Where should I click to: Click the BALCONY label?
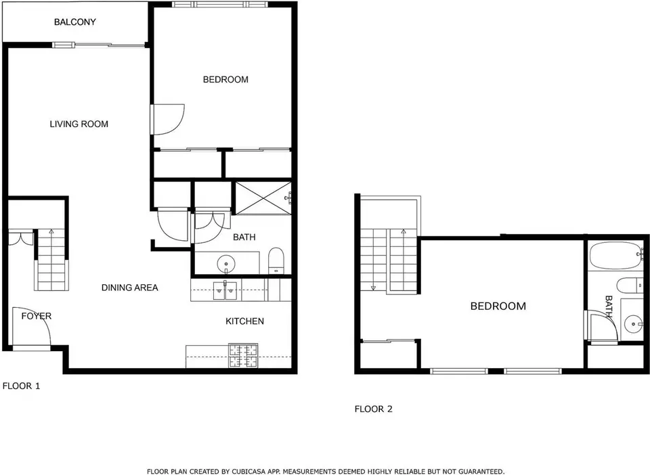75,22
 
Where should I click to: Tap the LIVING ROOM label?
79,124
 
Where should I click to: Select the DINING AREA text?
130,288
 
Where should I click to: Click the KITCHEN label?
244,321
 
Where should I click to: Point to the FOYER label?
37,316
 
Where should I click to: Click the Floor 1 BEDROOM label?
225,80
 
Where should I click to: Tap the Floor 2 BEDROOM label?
498,306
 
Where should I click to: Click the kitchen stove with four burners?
243,356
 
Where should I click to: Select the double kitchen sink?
225,290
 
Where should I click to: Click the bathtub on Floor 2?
615,256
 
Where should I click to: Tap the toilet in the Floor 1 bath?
276,261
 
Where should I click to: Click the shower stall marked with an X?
263,198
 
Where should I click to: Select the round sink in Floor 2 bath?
634,322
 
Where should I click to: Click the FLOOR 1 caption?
21,386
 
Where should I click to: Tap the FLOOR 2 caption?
373,409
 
